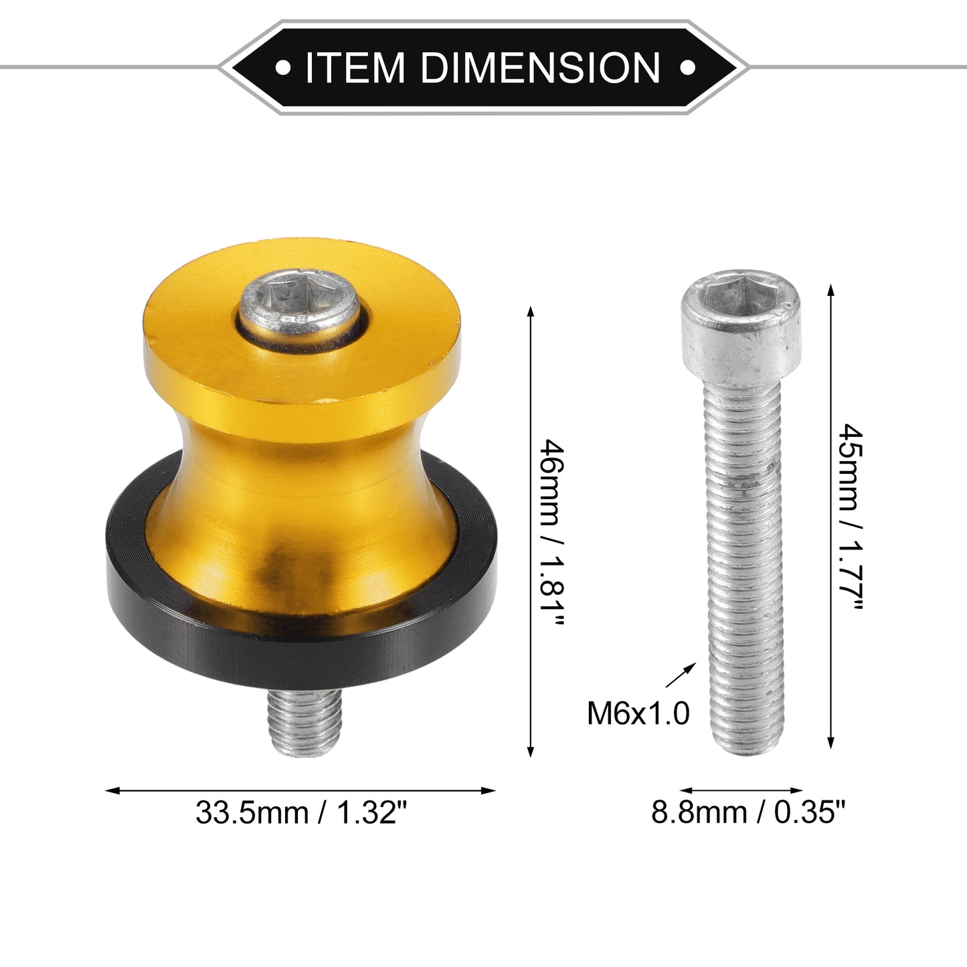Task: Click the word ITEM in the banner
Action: click(355, 67)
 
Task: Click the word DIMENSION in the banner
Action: click(541, 67)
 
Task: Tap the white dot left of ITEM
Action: click(283, 67)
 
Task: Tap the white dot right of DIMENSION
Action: click(687, 67)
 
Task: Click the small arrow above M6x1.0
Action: click(681, 675)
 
